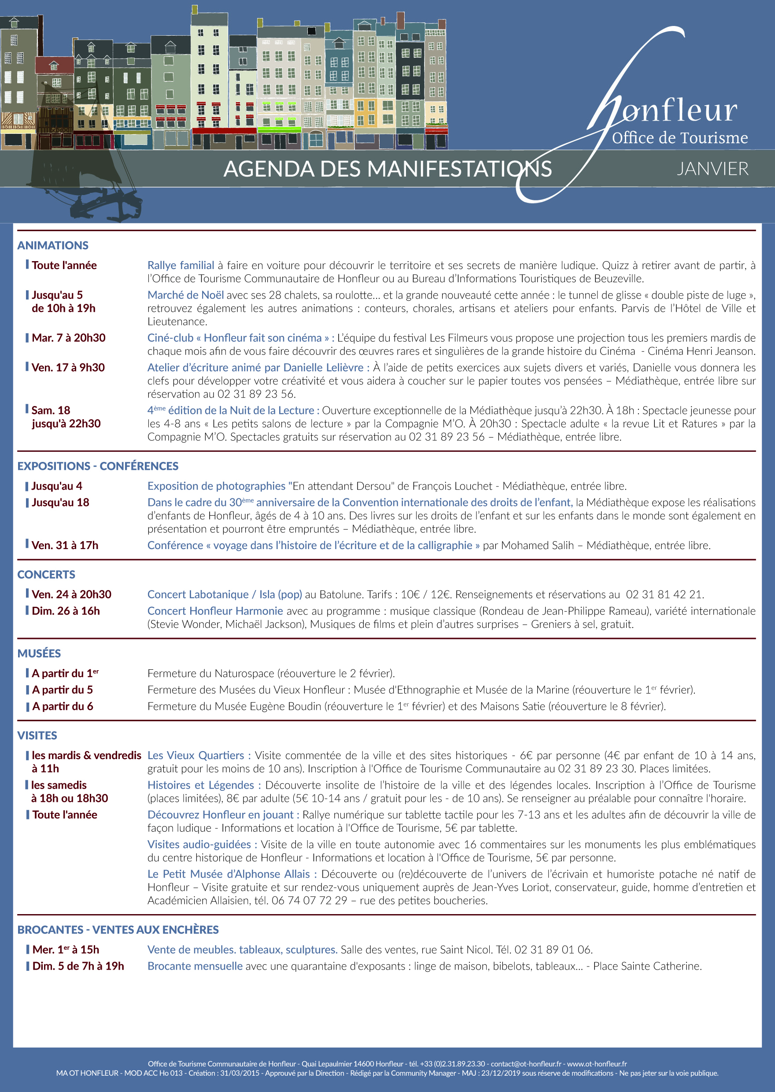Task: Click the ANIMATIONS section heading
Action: (53, 245)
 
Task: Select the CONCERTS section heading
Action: (46, 574)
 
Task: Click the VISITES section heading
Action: (37, 735)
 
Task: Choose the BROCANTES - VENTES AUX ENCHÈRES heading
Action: (118, 930)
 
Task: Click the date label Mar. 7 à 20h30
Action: (68, 338)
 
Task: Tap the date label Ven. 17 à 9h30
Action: (68, 367)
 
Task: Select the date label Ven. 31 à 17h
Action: (64, 545)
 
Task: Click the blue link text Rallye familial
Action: (181, 265)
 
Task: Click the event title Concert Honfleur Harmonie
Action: (215, 611)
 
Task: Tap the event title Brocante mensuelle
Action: (195, 966)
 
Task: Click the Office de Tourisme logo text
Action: (679, 138)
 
